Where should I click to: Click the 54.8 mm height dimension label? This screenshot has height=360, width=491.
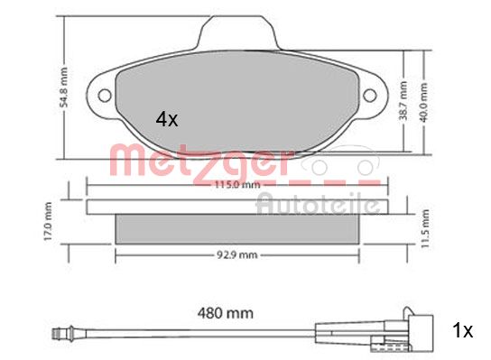point(51,78)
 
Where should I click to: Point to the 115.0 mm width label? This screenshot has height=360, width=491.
point(237,187)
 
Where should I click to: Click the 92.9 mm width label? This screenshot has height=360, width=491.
point(237,256)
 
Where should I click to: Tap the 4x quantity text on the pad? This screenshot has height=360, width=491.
point(168,118)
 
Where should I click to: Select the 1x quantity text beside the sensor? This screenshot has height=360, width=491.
point(463,331)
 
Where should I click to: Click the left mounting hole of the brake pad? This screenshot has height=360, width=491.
point(104,93)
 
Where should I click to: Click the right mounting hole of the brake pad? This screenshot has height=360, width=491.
point(371,93)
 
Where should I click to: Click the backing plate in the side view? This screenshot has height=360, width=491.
point(237,207)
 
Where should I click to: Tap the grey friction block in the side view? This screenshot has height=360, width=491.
point(237,229)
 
